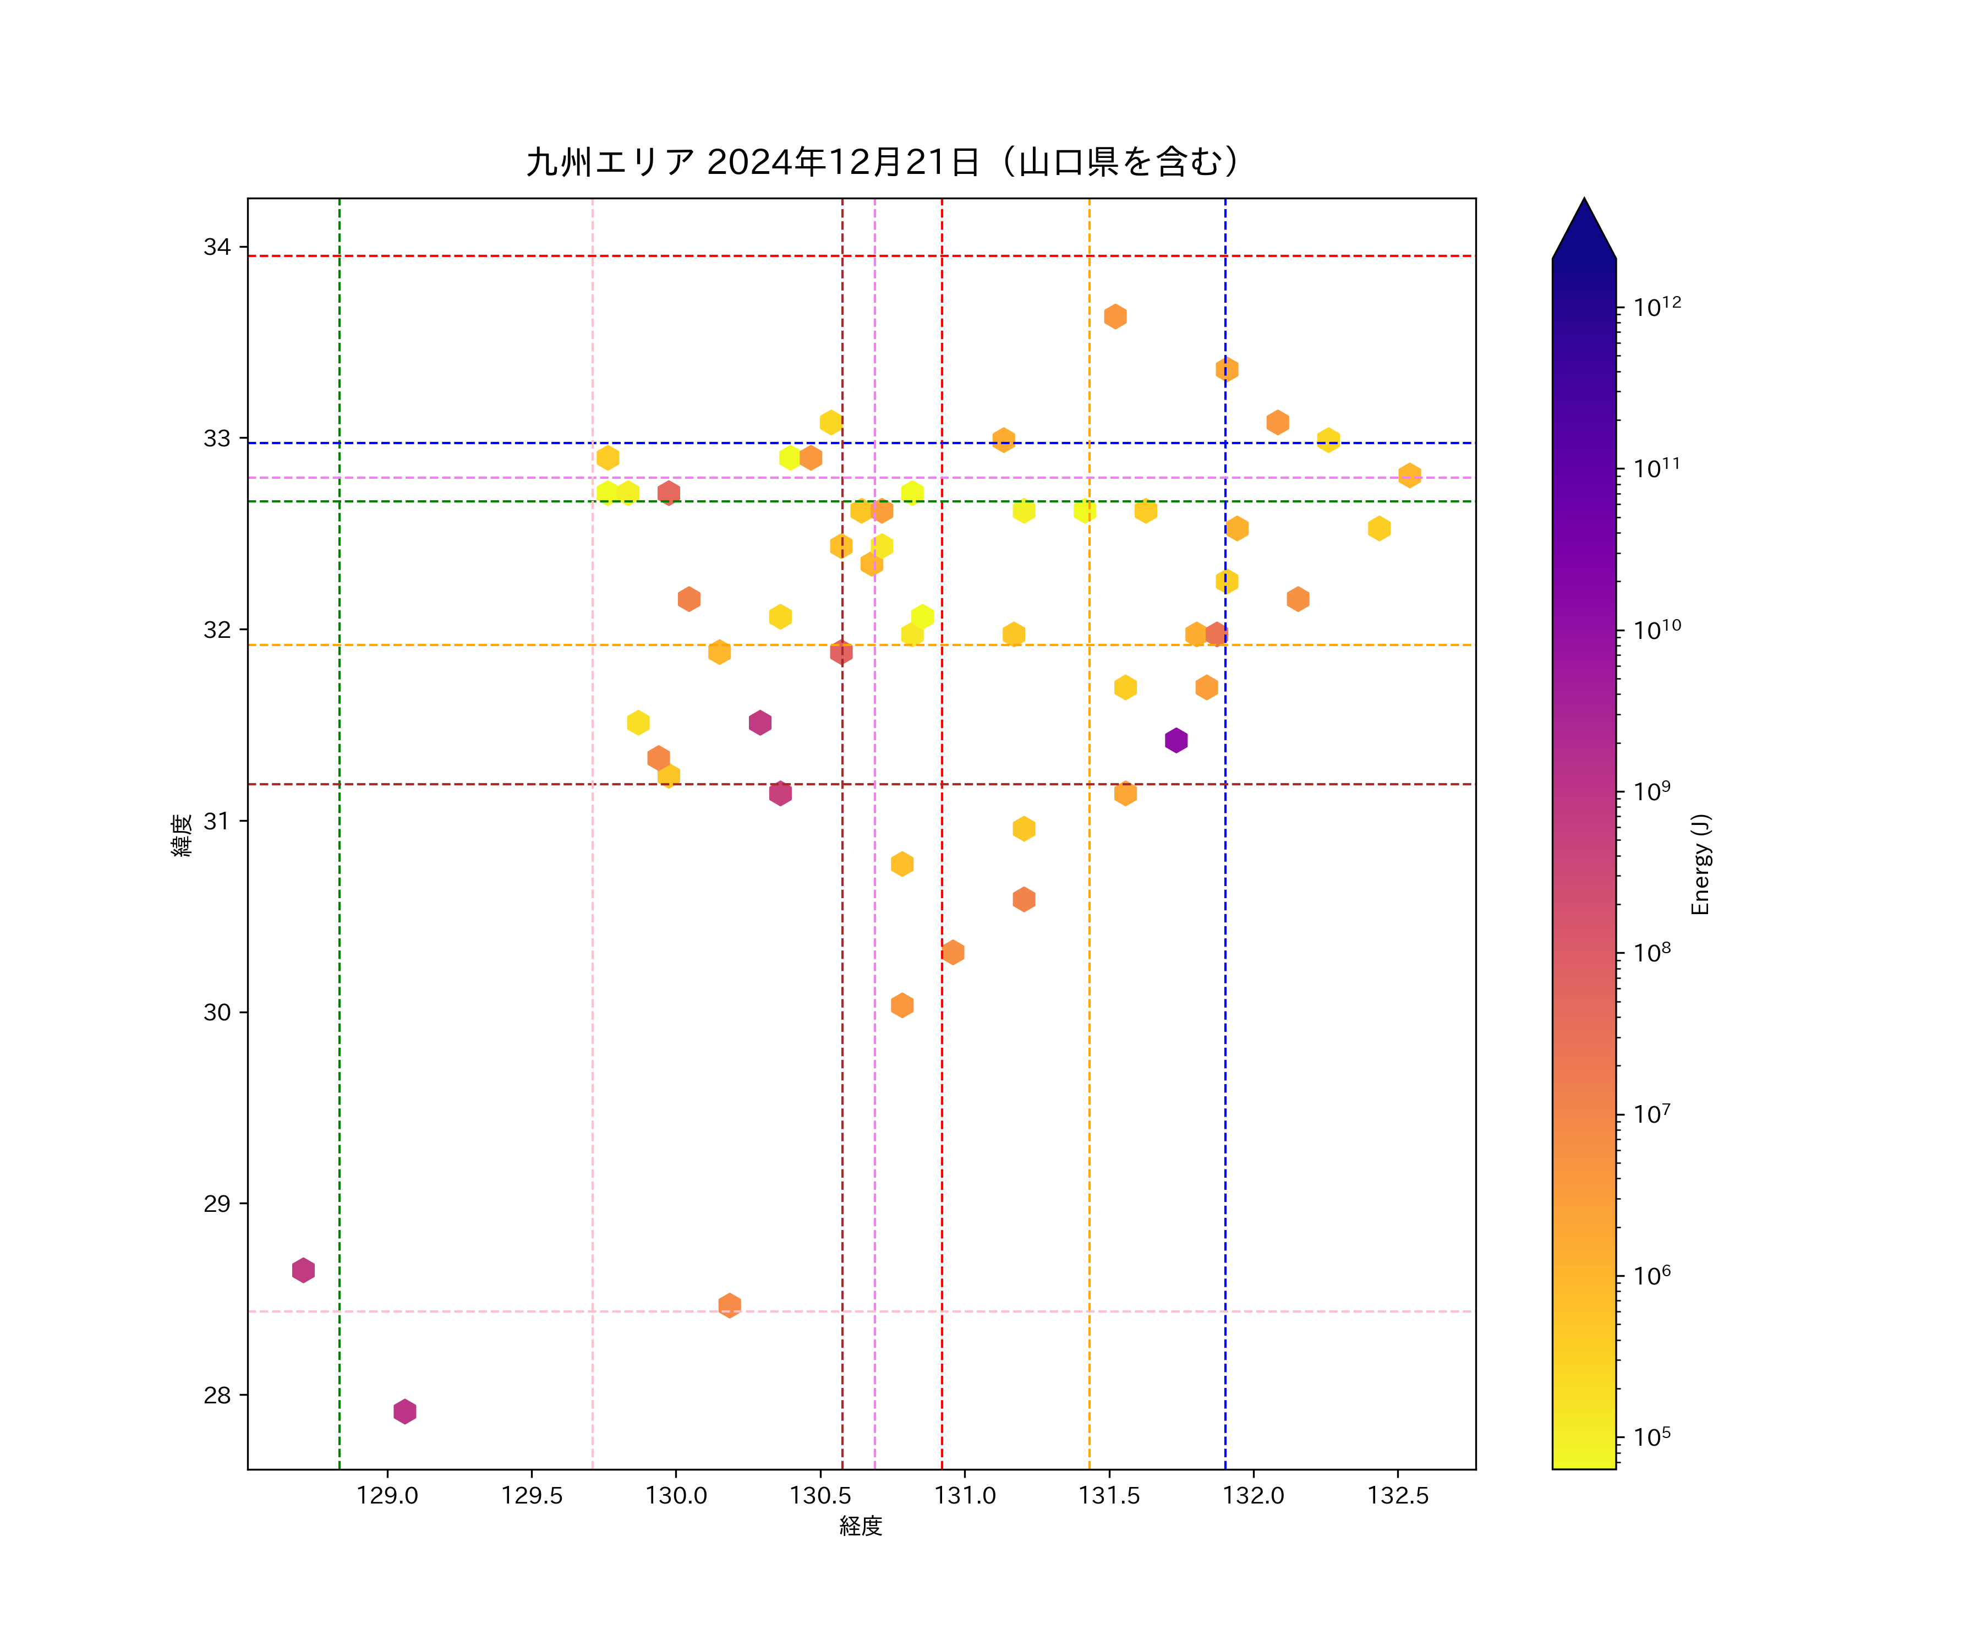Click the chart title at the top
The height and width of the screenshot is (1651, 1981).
click(x=882, y=162)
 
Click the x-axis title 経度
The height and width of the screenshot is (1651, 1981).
click(x=860, y=1526)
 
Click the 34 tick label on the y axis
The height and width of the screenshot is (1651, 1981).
click(x=217, y=247)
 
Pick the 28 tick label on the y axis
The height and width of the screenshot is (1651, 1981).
click(x=217, y=1395)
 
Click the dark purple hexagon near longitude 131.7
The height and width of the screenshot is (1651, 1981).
click(x=1175, y=741)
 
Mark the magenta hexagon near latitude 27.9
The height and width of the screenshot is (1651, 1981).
click(x=404, y=1412)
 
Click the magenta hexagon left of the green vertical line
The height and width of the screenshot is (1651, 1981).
click(x=303, y=1270)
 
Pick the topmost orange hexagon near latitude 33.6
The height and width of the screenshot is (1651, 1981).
click(x=1115, y=316)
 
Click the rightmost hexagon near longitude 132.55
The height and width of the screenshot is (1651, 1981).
click(x=1409, y=474)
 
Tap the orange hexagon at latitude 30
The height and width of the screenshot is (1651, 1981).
click(x=902, y=1005)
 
